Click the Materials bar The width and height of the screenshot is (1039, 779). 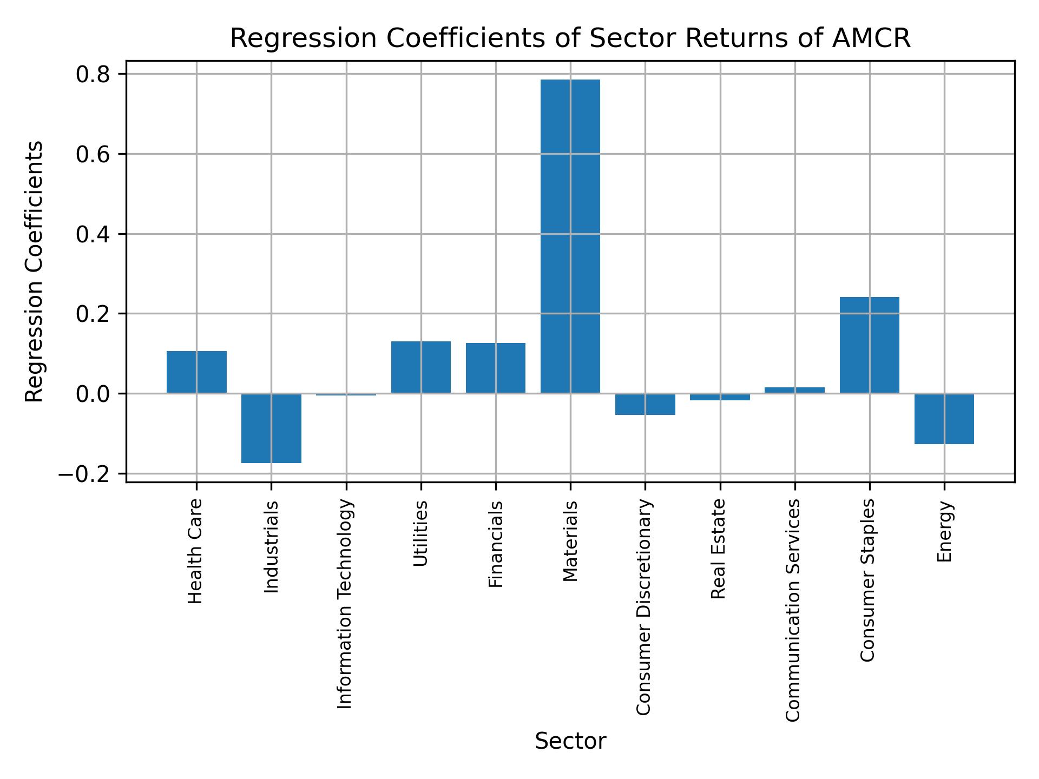coord(570,236)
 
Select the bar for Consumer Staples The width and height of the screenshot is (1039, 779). coord(869,345)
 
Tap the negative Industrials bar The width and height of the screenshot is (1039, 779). coord(271,428)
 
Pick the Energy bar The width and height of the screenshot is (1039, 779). coord(944,419)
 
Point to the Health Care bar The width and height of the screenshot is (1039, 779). coord(196,372)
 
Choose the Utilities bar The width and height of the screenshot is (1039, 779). coord(421,367)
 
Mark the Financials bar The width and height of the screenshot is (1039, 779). coord(495,368)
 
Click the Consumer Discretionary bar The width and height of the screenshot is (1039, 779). coord(645,404)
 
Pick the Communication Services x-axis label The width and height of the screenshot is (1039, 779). coord(793,610)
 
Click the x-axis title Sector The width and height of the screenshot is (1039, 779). coord(570,741)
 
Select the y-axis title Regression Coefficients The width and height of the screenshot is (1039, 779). coord(35,272)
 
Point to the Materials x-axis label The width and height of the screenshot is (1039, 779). coord(570,541)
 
